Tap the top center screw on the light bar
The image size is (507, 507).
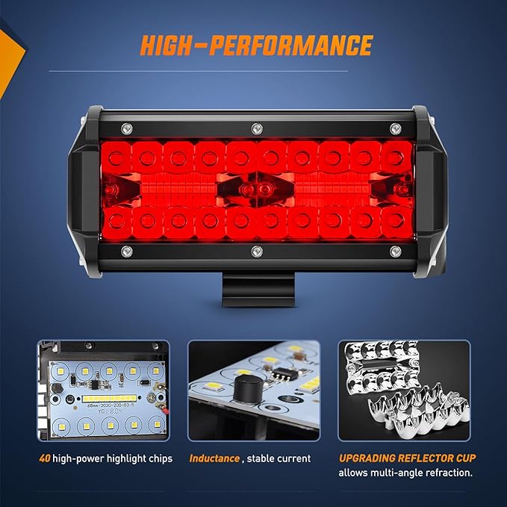pos(256,127)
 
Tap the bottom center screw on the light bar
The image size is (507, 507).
pos(256,250)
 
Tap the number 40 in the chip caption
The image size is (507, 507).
pos(46,458)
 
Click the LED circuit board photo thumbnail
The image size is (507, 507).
pos(103,391)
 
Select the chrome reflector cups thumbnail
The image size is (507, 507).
pos(403,391)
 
